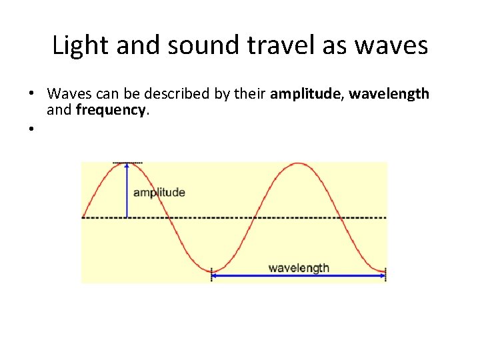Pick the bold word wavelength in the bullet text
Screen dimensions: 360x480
(x=389, y=94)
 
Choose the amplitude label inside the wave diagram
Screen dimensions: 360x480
(x=159, y=193)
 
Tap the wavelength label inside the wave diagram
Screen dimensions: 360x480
(x=299, y=268)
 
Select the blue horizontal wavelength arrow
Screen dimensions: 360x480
(x=299, y=275)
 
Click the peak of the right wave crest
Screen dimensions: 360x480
(x=299, y=164)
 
